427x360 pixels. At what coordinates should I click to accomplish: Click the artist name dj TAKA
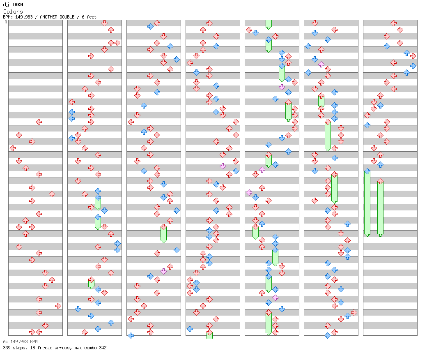tap(13, 5)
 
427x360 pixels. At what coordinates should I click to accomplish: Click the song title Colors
tap(13, 12)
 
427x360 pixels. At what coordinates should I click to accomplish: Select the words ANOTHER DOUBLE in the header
tap(57, 17)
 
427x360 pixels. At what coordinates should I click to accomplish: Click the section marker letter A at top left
tap(6, 22)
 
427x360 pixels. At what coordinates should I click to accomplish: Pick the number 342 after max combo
tap(102, 348)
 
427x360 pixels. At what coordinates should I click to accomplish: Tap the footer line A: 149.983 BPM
tap(20, 342)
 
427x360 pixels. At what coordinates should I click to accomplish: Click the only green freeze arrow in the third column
tap(163, 234)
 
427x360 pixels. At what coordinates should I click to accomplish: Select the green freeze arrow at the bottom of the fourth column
tap(209, 335)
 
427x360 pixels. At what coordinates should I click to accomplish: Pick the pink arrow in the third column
tap(163, 271)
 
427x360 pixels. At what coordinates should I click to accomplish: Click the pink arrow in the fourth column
tap(223, 166)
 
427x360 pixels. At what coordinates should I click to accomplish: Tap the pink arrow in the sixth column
tap(321, 64)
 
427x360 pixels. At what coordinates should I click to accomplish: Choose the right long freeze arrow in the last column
tap(380, 208)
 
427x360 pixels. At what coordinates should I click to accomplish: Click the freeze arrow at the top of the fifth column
tap(269, 24)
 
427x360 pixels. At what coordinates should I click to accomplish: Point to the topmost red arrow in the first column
tap(39, 122)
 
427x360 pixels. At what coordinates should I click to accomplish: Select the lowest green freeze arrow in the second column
tap(91, 283)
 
